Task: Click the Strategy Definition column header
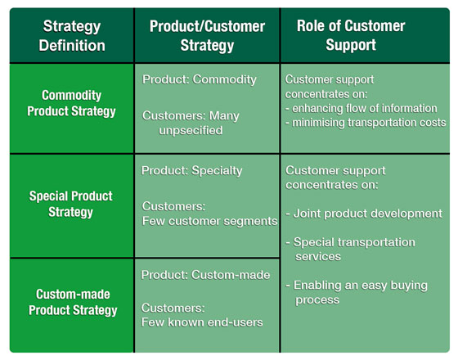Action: click(72, 36)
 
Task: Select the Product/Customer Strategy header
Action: click(207, 36)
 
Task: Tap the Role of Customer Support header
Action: click(351, 35)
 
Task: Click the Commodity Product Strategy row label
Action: click(72, 103)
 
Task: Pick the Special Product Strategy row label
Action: click(70, 204)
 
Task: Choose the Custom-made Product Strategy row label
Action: click(73, 302)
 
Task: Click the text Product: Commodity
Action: click(200, 79)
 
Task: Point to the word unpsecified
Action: click(191, 130)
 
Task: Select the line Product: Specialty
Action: click(191, 171)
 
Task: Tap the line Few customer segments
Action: click(209, 221)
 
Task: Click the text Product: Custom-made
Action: click(205, 275)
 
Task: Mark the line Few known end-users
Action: click(202, 322)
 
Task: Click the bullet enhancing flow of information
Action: click(361, 108)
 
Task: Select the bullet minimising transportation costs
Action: click(366, 123)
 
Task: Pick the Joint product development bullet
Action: click(364, 214)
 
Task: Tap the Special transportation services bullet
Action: click(351, 250)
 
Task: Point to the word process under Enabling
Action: click(317, 299)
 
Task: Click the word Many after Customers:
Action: click(224, 116)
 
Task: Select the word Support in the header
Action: click(351, 45)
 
